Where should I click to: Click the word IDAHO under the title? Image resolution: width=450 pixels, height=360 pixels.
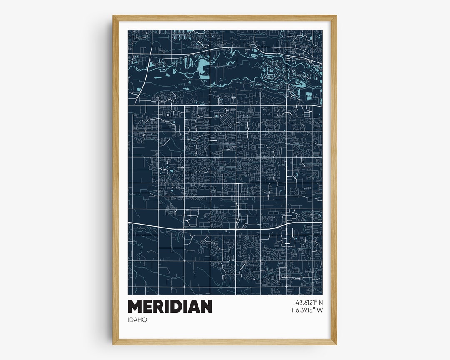(x=137, y=320)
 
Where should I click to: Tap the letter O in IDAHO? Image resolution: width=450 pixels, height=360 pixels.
(x=145, y=320)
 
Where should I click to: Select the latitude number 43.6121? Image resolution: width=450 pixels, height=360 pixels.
(x=306, y=302)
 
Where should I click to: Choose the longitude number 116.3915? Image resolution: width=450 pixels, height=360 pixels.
(x=304, y=310)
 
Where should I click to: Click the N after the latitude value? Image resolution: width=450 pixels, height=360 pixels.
(x=321, y=302)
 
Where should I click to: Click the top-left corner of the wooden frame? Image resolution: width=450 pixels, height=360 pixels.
(x=114, y=17)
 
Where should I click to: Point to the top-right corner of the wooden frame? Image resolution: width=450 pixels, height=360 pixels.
(x=335, y=17)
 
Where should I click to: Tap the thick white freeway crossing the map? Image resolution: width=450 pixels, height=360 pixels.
(x=167, y=227)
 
